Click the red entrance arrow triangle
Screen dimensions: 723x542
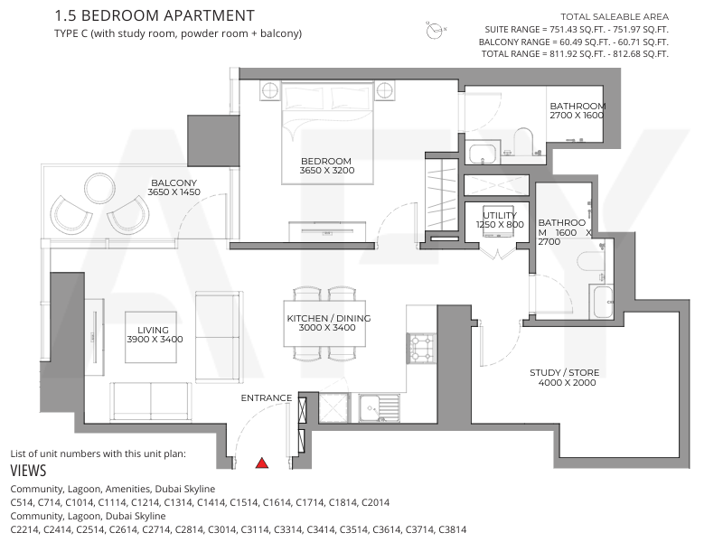(262, 463)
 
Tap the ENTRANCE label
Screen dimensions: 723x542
(267, 397)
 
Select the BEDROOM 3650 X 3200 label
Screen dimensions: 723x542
(327, 166)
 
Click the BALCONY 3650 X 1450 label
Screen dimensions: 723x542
(174, 188)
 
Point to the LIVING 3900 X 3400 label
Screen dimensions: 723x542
(155, 334)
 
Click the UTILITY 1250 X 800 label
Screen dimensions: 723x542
(500, 220)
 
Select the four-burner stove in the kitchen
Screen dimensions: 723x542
(421, 349)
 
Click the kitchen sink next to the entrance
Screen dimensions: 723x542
(379, 407)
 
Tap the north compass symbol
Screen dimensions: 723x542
(436, 31)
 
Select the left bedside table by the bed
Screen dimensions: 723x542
(269, 91)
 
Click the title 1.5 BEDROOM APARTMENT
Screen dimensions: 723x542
(155, 15)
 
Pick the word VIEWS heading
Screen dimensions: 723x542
(29, 471)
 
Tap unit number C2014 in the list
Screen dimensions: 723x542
(375, 502)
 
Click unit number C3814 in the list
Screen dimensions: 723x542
(453, 529)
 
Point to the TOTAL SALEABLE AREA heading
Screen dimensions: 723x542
(615, 17)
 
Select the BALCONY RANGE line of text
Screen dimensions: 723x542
(574, 42)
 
